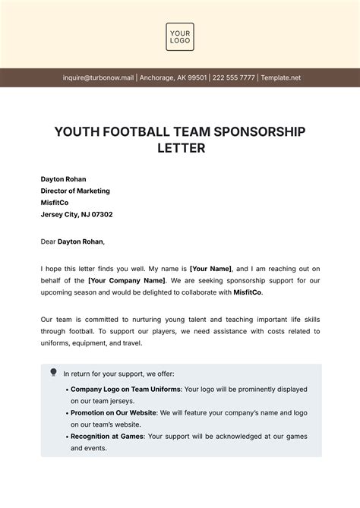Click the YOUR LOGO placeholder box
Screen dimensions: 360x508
pyautogui.click(x=180, y=37)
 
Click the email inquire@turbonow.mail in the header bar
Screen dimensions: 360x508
pyautogui.click(x=98, y=77)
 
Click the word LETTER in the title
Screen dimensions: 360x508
pyautogui.click(x=180, y=148)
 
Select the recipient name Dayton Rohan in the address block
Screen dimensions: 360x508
pyautogui.click(x=64, y=179)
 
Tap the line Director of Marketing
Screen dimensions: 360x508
pyautogui.click(x=75, y=191)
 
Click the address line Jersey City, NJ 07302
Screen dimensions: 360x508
pyautogui.click(x=77, y=214)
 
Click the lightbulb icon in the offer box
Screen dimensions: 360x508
pyautogui.click(x=53, y=372)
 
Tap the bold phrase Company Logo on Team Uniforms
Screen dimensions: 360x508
pyautogui.click(x=125, y=390)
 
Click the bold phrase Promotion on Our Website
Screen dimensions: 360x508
pyautogui.click(x=113, y=412)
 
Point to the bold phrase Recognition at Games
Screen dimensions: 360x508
pyautogui.click(x=106, y=437)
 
